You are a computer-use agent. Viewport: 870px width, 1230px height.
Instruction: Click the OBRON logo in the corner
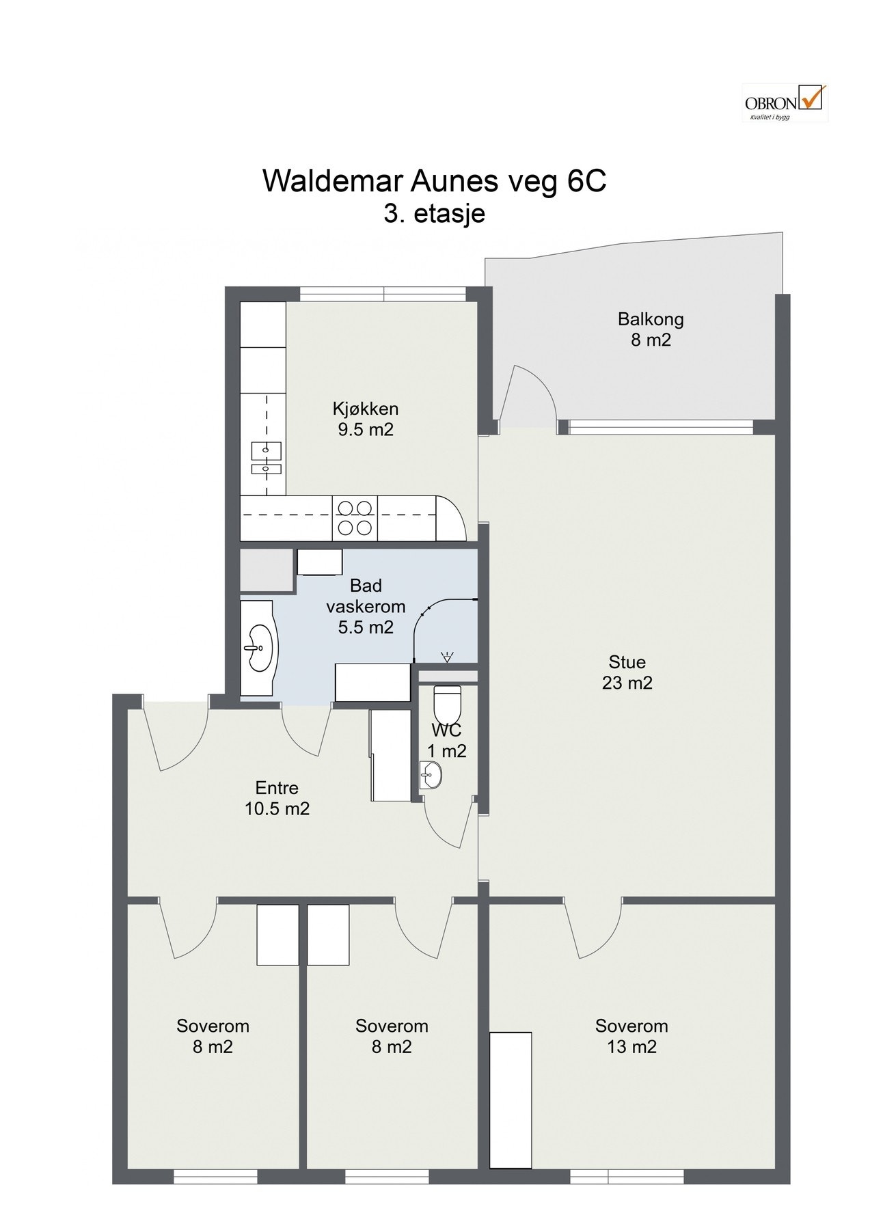tap(785, 102)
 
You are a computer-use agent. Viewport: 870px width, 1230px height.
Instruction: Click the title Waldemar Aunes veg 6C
tap(434, 182)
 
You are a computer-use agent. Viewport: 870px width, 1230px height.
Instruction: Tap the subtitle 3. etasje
tap(434, 213)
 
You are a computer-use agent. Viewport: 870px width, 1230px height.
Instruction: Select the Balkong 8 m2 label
tap(651, 329)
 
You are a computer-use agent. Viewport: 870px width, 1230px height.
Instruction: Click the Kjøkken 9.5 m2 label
tap(365, 419)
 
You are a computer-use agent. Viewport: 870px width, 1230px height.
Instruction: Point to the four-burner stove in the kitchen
tap(355, 517)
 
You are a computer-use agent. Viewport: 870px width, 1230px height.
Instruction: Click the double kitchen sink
tap(266, 459)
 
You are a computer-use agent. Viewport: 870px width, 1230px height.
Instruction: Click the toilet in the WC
tap(448, 700)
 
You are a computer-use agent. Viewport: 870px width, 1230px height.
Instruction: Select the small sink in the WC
tap(431, 776)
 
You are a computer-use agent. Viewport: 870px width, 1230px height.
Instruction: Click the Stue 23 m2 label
tap(627, 672)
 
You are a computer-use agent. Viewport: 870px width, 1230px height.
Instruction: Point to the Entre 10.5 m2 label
tap(277, 798)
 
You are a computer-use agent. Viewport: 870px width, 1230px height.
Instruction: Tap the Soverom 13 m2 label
tap(631, 1036)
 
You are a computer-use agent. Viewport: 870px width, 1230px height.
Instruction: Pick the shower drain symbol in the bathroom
tap(447, 658)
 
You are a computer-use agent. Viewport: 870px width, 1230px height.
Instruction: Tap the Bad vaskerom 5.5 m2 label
tap(366, 605)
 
